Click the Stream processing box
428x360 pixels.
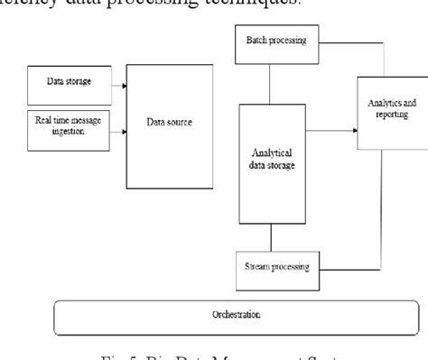click(276, 267)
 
